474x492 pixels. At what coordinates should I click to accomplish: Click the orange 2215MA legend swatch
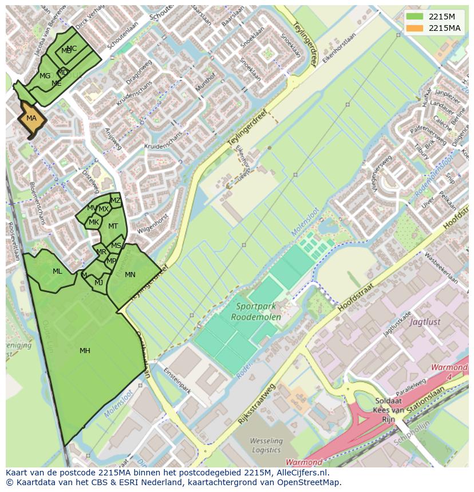(x=416, y=28)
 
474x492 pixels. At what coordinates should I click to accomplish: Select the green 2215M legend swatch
(x=416, y=17)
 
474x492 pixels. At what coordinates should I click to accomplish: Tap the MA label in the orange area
(x=31, y=118)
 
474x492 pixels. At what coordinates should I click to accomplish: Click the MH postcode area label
(x=85, y=351)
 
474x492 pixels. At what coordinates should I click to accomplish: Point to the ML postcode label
(x=57, y=271)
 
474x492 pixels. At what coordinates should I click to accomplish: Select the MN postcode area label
(x=130, y=275)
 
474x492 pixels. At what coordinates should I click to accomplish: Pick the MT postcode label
(x=113, y=226)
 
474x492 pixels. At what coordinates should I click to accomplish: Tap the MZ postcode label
(x=116, y=201)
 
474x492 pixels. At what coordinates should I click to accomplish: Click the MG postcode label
(x=45, y=76)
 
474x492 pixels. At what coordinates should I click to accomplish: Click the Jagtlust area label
(x=425, y=322)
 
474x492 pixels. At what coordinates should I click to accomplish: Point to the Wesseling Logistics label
(x=266, y=445)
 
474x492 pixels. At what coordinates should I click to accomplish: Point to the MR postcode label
(x=101, y=252)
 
